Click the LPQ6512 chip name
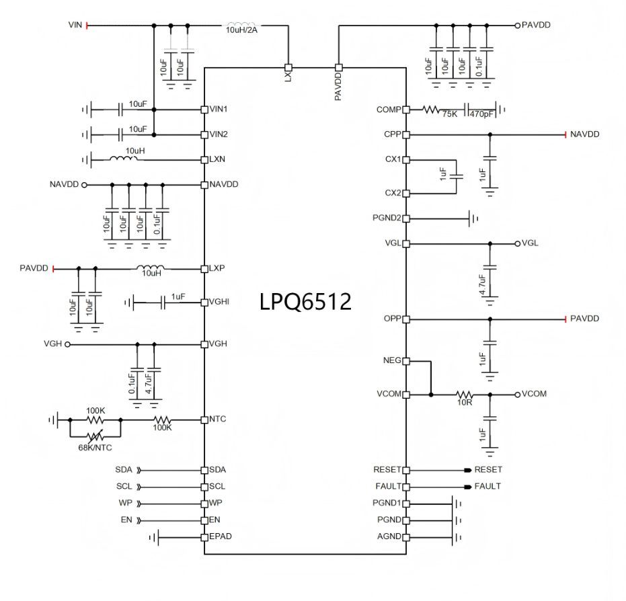(305, 302)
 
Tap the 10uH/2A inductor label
(241, 30)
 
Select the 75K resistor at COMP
(431, 110)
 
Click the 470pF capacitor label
(481, 114)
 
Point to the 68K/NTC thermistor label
(95, 448)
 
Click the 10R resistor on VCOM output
(465, 395)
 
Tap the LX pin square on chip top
(288, 67)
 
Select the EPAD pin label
(221, 536)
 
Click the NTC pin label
(218, 419)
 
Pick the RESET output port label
(488, 470)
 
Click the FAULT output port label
(487, 487)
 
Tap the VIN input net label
(75, 25)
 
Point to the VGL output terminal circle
(518, 243)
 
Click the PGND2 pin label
(387, 218)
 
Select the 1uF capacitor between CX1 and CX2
(457, 175)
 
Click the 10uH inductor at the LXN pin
(123, 159)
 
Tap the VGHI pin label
(219, 302)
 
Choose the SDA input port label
(124, 470)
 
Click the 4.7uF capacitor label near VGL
(482, 284)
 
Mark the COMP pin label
(389, 110)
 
